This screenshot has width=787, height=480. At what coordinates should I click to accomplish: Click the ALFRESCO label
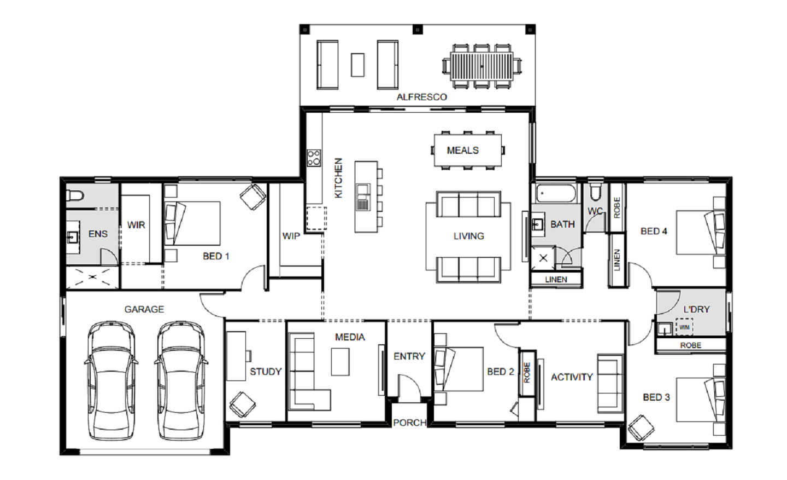(x=421, y=97)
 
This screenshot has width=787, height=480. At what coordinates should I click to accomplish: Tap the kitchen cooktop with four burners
(x=314, y=158)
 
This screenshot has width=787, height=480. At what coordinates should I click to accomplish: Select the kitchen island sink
(x=362, y=197)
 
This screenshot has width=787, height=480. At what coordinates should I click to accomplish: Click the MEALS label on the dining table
(x=463, y=151)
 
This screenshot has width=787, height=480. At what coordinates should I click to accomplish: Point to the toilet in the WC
(x=595, y=190)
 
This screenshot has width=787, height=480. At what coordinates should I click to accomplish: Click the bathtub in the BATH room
(x=556, y=193)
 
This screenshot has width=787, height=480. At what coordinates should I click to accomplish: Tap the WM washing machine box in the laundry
(x=684, y=327)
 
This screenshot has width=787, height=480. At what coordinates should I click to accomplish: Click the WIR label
(x=136, y=225)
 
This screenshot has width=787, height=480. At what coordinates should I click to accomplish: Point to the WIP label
(x=291, y=236)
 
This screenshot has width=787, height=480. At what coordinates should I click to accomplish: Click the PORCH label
(x=409, y=423)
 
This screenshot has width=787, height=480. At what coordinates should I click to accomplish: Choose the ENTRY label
(x=409, y=356)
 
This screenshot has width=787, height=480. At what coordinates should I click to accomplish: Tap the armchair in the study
(x=243, y=404)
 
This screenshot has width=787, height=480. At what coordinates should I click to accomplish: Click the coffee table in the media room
(x=340, y=362)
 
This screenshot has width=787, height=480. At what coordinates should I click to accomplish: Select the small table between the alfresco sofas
(x=357, y=65)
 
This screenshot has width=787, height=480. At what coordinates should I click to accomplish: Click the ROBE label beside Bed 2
(x=527, y=373)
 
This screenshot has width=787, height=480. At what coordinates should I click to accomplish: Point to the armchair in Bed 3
(x=641, y=428)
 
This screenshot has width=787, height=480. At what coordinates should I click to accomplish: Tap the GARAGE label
(x=144, y=309)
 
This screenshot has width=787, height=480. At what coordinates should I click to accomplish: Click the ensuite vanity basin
(x=72, y=237)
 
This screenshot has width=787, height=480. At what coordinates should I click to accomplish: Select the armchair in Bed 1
(x=253, y=197)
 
